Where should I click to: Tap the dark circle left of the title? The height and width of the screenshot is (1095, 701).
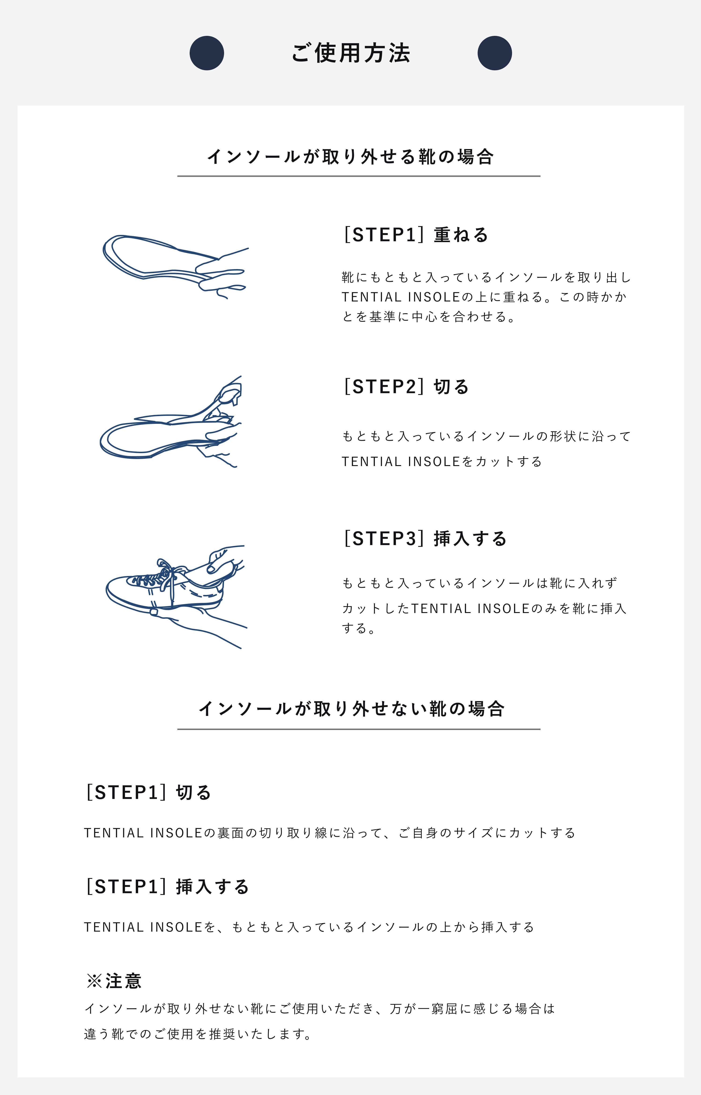point(207,53)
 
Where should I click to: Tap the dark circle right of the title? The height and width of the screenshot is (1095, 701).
point(495,53)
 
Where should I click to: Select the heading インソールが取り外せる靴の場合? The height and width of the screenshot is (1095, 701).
point(350,156)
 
